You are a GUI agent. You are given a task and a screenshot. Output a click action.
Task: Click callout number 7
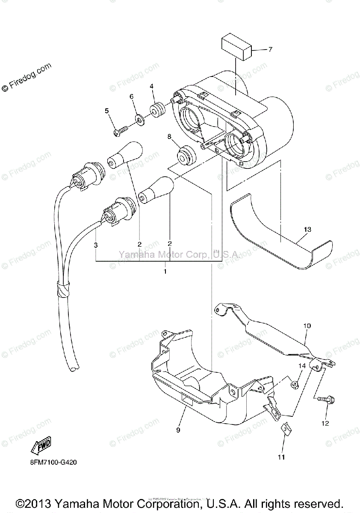point(270,50)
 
